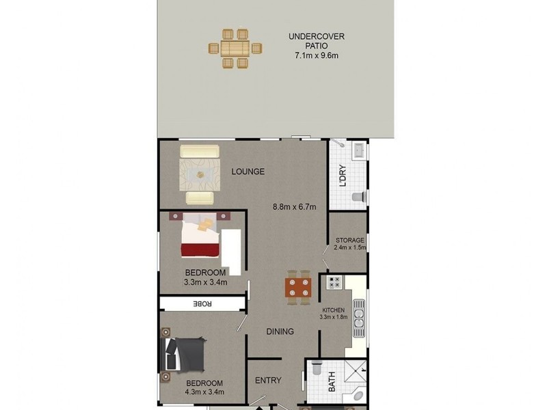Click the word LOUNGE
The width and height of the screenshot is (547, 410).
tap(248, 172)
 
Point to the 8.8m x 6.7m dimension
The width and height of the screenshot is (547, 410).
tap(294, 207)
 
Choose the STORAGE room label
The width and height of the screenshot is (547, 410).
tap(349, 240)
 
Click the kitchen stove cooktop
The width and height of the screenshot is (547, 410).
tap(334, 282)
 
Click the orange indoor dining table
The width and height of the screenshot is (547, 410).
tap(298, 288)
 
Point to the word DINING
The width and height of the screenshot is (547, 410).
tap(280, 332)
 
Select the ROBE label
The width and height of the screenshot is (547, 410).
tap(202, 303)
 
